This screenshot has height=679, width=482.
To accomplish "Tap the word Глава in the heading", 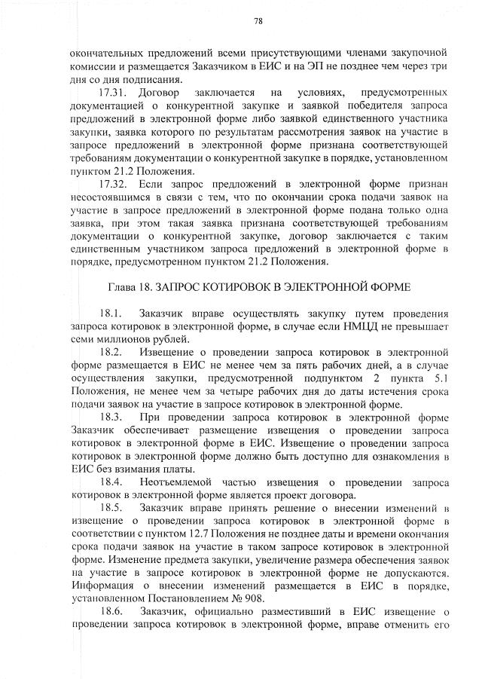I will tap(124, 287).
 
